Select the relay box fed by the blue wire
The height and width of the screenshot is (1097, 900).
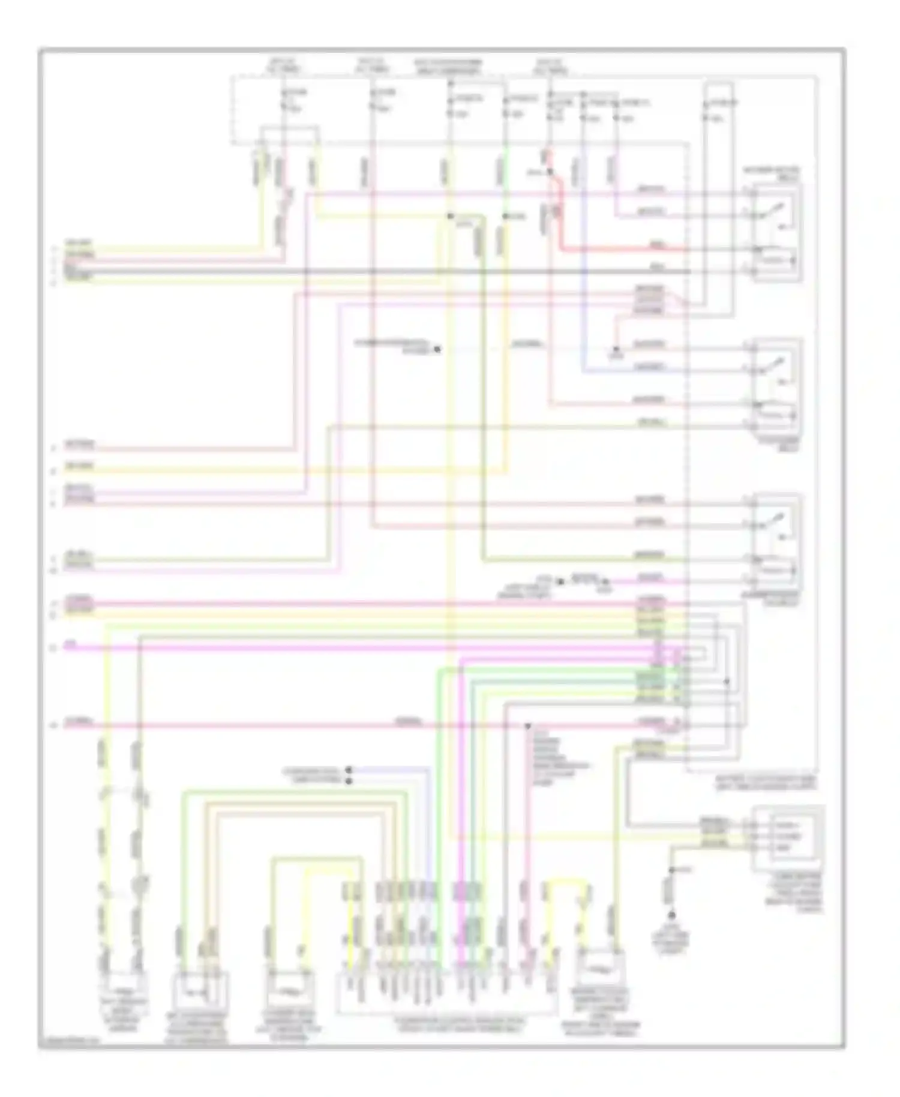(777, 384)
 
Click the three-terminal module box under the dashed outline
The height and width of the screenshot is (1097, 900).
(788, 837)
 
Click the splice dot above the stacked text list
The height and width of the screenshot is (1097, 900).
(527, 726)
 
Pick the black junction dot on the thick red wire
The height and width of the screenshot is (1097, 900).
(550, 172)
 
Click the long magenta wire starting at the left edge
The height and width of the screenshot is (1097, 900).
(360, 648)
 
